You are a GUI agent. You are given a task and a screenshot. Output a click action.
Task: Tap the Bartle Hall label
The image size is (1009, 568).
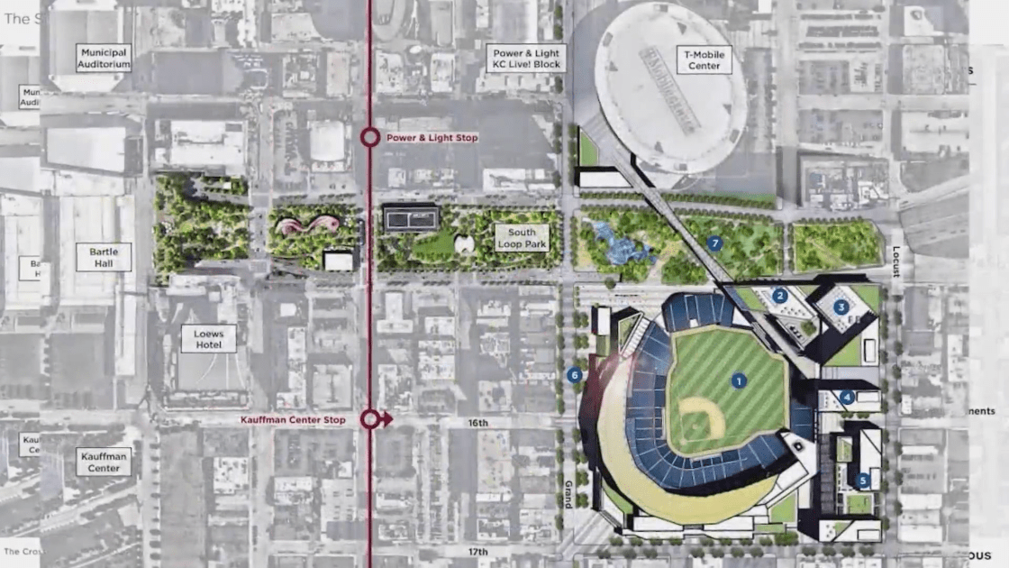point(105,257)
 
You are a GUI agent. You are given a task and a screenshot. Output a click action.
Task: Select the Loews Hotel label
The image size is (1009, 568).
point(208,338)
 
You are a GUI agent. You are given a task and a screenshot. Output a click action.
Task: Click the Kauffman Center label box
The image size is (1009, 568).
point(105,462)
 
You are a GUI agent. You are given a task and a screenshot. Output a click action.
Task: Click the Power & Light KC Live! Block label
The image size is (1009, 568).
point(527,58)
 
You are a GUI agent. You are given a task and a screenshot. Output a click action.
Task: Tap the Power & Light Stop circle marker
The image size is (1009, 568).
point(369,138)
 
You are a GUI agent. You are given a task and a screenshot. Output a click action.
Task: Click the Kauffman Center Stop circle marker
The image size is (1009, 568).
point(369,419)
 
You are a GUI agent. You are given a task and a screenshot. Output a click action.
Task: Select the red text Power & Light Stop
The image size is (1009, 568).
point(432,138)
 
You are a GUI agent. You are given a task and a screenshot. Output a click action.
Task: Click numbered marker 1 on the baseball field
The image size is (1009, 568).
point(740,381)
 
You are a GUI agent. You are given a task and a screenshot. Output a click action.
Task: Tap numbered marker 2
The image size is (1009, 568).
point(780,295)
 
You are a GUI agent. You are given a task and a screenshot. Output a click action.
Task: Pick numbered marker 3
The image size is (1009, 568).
point(841,307)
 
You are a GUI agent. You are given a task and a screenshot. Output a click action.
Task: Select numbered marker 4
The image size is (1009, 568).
point(847,397)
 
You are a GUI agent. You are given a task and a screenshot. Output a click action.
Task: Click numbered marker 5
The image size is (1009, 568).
point(863,481)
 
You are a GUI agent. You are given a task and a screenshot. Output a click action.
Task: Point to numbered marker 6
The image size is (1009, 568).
point(574,375)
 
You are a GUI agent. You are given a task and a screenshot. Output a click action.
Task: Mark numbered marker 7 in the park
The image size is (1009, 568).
point(715,243)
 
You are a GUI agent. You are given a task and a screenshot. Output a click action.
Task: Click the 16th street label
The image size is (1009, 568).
point(477,423)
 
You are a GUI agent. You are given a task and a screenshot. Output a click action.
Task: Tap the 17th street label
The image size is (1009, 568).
point(477,552)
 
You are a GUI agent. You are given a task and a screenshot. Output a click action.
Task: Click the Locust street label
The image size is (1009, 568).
point(896,261)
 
